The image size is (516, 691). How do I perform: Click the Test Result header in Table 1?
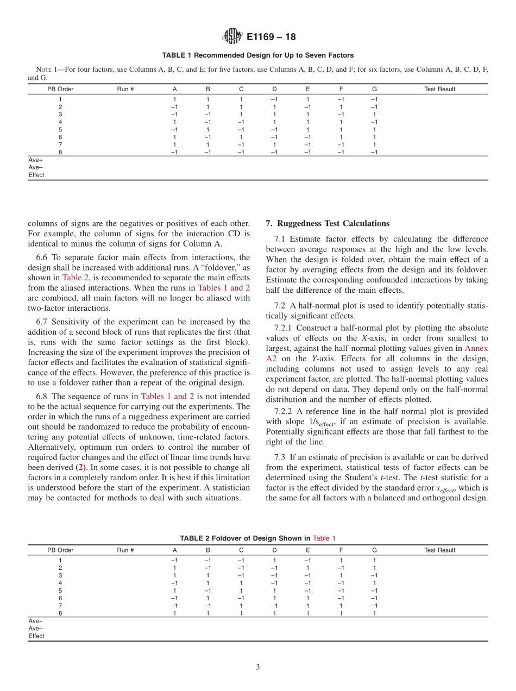coord(439,89)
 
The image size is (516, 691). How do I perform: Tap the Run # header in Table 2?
coord(125,550)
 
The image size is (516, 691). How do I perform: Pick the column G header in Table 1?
coord(374,89)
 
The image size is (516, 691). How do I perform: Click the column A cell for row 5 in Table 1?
coord(174,130)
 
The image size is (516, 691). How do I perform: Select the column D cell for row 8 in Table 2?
coord(274,613)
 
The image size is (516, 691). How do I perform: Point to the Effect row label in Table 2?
coord(36,636)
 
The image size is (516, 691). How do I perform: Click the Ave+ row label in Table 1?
coord(35,160)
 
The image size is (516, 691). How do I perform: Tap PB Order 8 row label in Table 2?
coord(60,613)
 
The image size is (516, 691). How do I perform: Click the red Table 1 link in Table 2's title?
coord(324,538)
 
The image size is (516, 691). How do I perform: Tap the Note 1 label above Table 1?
coord(47,70)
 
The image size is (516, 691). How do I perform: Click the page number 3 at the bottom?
coord(258,668)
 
